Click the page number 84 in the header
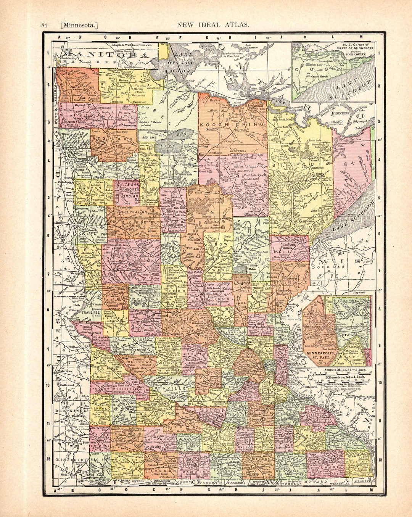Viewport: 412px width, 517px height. point(44,25)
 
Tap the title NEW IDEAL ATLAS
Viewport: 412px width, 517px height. point(213,25)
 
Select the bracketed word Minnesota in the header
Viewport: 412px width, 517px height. point(79,25)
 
